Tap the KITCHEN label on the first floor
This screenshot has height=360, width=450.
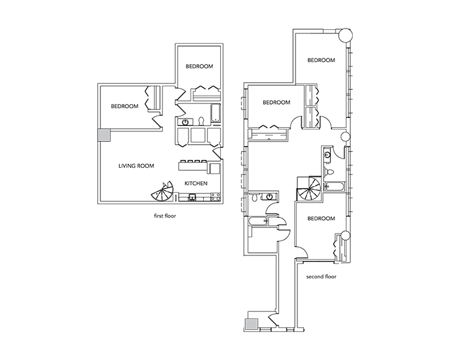tap(198, 183)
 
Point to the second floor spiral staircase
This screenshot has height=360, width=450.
tap(310, 188)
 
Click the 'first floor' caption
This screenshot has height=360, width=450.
tap(165, 215)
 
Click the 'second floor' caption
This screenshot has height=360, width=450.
tap(322, 276)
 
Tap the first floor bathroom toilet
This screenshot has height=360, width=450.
tap(201, 120)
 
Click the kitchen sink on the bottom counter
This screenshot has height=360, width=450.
tap(193, 196)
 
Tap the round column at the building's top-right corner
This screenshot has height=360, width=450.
tap(344, 34)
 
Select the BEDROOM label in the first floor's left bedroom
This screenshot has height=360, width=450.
tap(125, 106)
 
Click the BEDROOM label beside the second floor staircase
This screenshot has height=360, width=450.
tap(321, 218)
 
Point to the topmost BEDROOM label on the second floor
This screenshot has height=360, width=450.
tap(321, 60)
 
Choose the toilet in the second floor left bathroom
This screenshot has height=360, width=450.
tap(257, 198)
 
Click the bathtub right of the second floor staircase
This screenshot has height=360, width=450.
tap(335, 186)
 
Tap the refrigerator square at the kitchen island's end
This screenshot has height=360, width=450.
tap(215, 167)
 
